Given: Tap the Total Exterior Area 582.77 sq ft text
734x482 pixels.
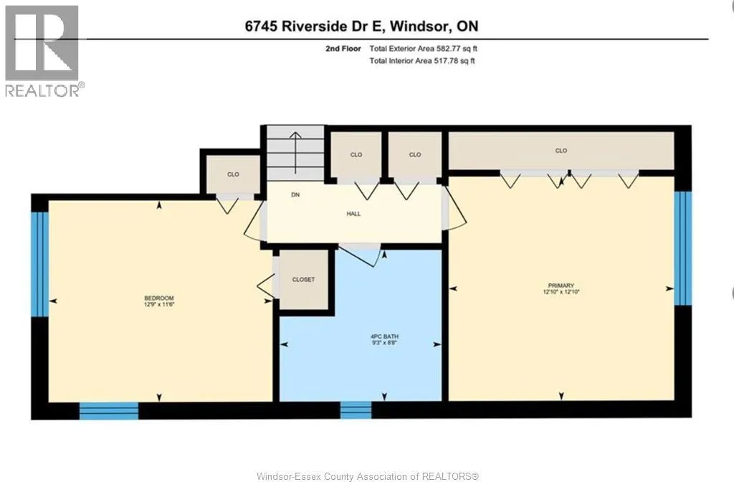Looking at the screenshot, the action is [423, 48].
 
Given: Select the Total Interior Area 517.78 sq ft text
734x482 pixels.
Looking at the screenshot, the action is [422, 60].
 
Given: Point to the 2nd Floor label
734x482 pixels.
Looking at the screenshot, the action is [343, 48].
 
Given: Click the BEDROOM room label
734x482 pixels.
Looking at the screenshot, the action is [159, 298].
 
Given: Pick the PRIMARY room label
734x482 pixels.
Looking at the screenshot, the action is [561, 285].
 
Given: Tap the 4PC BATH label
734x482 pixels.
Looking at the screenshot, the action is [384, 336].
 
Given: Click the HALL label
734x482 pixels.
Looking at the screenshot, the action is [353, 214].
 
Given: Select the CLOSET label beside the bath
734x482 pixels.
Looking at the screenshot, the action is [303, 279].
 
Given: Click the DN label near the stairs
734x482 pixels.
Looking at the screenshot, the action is [295, 194].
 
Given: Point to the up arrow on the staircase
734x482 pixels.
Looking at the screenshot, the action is [295, 153].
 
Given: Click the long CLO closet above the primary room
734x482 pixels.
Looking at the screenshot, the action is [561, 151].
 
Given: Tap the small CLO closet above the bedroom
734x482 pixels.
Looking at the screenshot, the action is [233, 174].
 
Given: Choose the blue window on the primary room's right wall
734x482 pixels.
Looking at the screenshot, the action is [683, 247].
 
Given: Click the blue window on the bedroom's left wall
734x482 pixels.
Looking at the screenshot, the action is [40, 264].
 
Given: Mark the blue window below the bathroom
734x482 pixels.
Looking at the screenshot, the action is [356, 410].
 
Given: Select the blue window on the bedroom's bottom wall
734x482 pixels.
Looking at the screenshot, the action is [109, 410].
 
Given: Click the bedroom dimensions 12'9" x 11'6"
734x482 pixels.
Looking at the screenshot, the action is [159, 304].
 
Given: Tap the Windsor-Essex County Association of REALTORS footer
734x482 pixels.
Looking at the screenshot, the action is [368, 476].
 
